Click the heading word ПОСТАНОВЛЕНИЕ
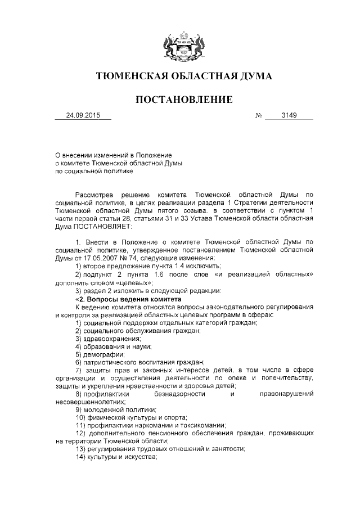point(184,100)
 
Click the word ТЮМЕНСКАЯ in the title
point(130,75)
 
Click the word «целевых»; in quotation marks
point(133,282)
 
